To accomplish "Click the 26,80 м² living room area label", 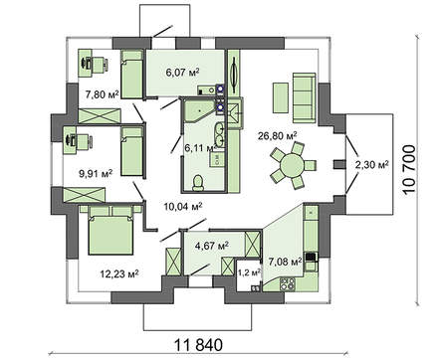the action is pos(278,135).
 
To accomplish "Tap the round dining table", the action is pos(292,165).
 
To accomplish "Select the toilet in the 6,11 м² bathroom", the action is pos(198,183).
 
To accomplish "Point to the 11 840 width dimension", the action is pos(199,345).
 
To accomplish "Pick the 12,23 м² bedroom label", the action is pos(119,273).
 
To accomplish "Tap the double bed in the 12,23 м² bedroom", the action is pos(110,230).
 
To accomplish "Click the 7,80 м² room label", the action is pos(102,94).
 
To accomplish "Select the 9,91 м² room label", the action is pos(96,173).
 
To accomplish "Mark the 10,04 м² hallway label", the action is pos(183,207).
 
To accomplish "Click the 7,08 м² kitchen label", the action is pos(286,262).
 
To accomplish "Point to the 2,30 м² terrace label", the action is pos(372,164).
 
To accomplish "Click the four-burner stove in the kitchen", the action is pos(288,284).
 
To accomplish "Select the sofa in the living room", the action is pos(304,97).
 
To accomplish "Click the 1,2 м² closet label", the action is pos(249,272).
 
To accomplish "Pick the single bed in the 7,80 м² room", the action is pos(131,74).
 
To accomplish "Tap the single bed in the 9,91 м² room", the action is pos(131,151).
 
